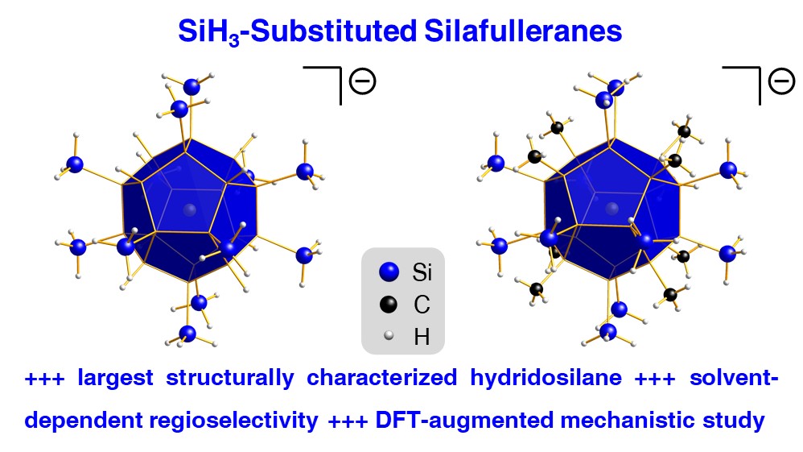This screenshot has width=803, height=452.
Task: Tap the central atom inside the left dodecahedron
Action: [x=190, y=210]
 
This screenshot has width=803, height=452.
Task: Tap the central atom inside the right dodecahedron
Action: [x=612, y=210]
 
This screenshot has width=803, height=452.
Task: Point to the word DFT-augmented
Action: [x=430, y=420]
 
